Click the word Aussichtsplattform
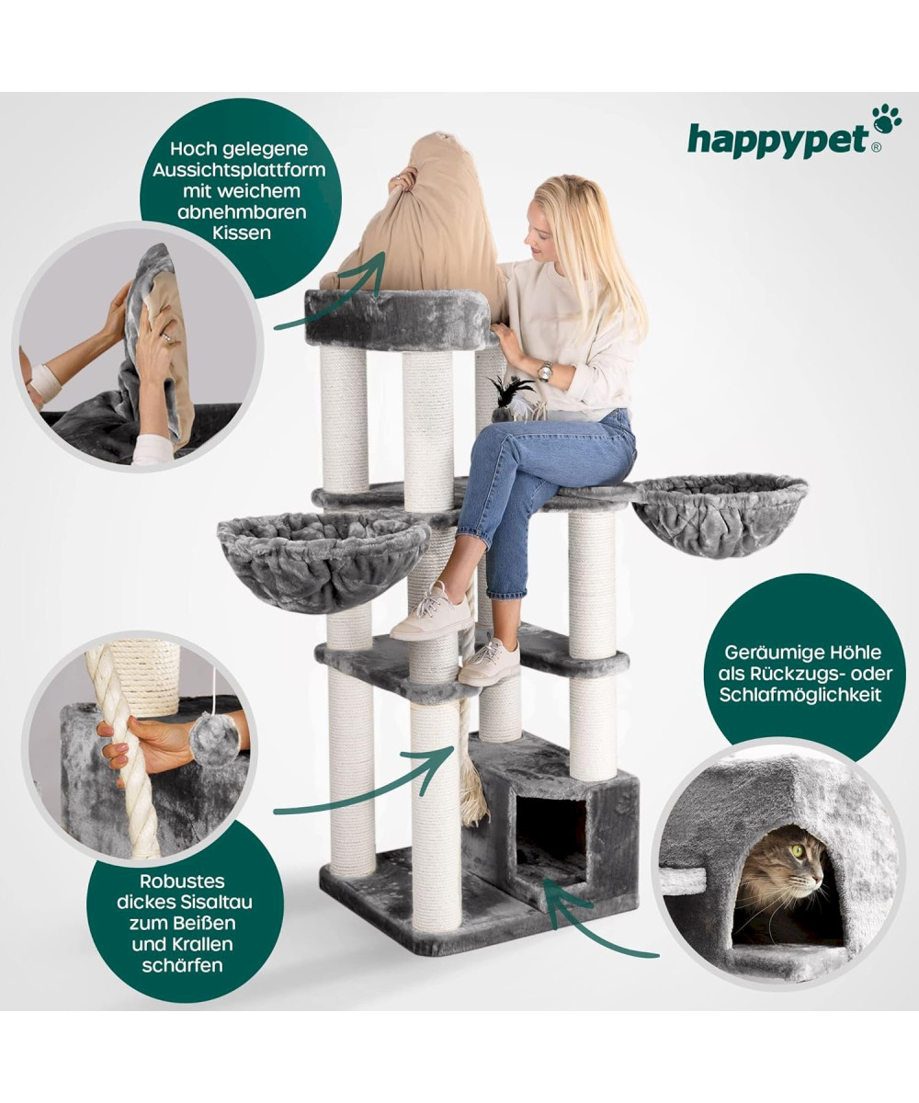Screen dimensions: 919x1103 pos(239,170)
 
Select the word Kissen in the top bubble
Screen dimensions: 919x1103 pos(242,233)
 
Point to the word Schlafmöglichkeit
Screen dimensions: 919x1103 pos(800,695)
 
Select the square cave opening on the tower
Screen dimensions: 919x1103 pos(550,843)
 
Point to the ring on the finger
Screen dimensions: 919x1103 pos(166,337)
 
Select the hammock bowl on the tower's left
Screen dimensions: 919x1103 pos(323,561)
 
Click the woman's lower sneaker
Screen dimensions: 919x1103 pos(488,664)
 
